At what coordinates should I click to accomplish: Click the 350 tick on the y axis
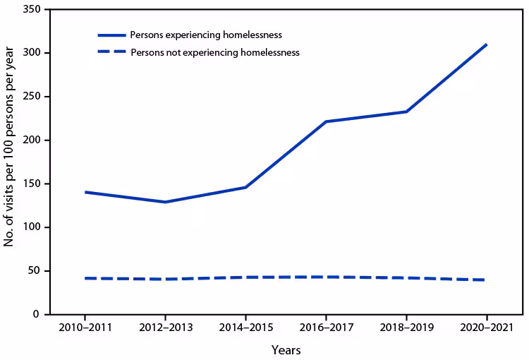coord(32,10)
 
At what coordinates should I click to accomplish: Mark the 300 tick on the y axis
coord(32,53)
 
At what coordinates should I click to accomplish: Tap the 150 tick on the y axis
coord(32,184)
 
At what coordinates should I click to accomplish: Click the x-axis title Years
coord(286,350)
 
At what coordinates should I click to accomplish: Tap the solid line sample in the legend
coord(111,35)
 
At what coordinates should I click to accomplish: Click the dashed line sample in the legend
coord(111,52)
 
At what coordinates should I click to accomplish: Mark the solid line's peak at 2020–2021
coord(487,44)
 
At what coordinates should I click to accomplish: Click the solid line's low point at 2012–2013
coord(165,202)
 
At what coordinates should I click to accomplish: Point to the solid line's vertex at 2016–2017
coord(326,121)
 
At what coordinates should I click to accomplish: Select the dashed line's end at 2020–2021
coord(486,280)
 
